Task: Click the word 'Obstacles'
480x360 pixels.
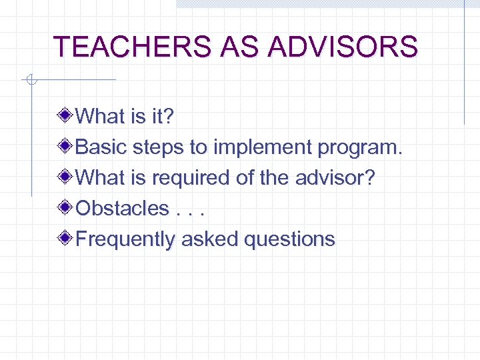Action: (x=123, y=208)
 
